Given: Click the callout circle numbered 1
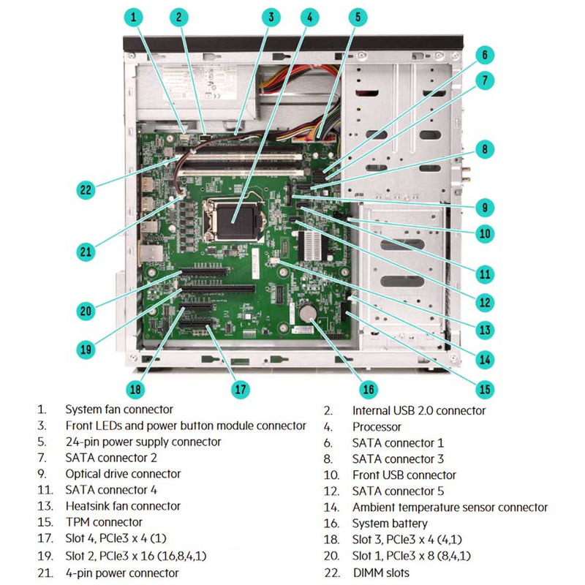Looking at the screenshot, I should (133, 16).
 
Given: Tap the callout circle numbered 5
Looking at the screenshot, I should (356, 16).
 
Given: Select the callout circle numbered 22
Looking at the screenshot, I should (86, 189).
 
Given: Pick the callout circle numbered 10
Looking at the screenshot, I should (484, 234).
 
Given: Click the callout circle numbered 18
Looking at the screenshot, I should (135, 389).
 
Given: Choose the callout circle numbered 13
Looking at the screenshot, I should (484, 330).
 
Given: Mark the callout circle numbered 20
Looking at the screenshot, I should (86, 310).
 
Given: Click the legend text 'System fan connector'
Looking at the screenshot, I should (119, 409).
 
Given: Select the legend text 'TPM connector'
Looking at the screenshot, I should (104, 523).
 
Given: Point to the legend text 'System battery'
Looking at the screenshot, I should (390, 523).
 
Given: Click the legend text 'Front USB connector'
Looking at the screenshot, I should (404, 475).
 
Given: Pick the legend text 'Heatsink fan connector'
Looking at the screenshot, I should (123, 506).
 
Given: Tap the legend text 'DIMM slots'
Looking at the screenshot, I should (381, 573).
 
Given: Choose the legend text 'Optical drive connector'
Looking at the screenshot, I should (123, 474).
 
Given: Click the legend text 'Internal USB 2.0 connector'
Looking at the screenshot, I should (418, 410).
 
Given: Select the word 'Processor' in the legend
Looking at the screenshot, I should (377, 426).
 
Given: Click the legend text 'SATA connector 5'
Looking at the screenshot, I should (398, 491).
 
